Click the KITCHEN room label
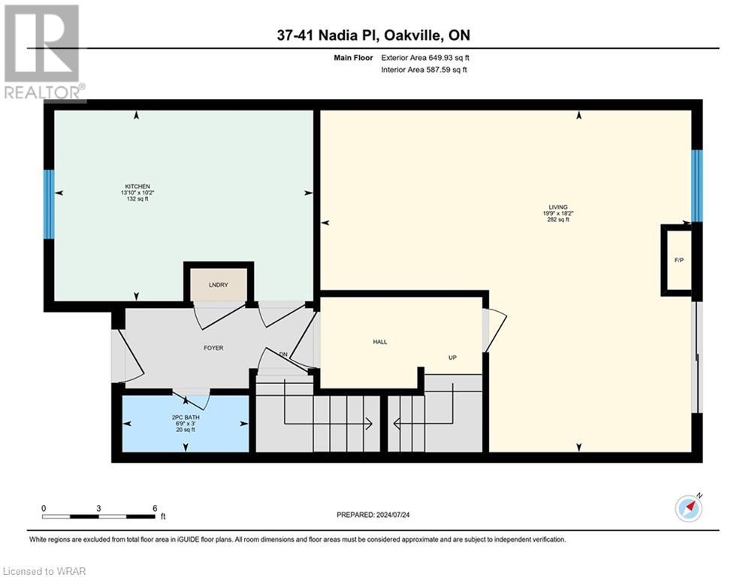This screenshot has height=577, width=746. click(137, 186)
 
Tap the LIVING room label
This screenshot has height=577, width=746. click(557, 207)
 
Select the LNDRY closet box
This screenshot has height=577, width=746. click(219, 285)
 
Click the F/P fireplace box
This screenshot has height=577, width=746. click(678, 260)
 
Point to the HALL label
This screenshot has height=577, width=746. click(380, 342)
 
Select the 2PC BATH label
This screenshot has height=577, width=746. click(185, 417)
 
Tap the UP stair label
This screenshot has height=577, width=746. click(452, 358)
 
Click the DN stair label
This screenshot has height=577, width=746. click(283, 355)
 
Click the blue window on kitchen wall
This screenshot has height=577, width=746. click(49, 204)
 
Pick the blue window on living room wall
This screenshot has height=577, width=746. click(697, 186)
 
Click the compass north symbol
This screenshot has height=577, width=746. click(689, 509)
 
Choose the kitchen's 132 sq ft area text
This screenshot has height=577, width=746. click(137, 199)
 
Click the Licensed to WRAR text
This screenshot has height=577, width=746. click(45, 571)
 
